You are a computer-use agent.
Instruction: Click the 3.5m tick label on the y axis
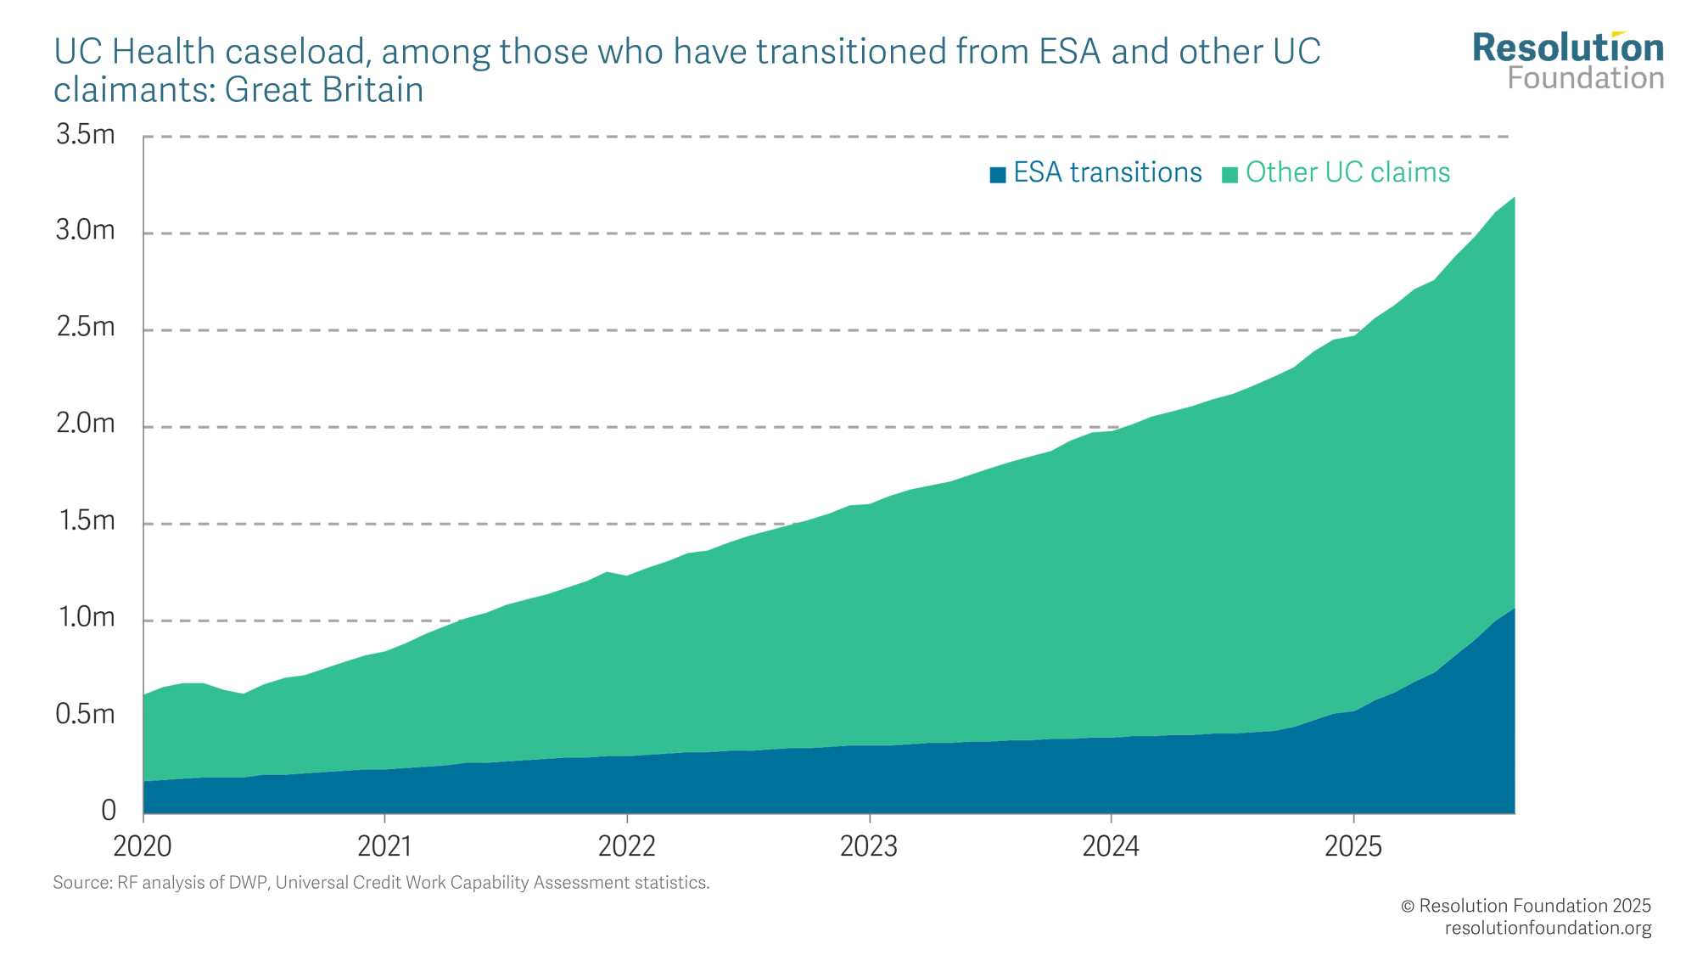coord(85,135)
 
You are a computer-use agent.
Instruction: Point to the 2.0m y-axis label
coord(85,424)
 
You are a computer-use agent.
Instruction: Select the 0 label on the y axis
coord(109,811)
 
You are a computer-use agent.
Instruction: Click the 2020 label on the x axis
coord(143,846)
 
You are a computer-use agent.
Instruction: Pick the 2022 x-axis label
coord(627,846)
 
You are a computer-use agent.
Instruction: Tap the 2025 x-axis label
coord(1353,846)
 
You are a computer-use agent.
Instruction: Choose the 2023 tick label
coord(869,846)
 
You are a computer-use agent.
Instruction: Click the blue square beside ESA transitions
coord(998,175)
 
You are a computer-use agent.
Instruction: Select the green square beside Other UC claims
coord(1229,175)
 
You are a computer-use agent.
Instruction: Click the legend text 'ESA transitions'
coord(1107,172)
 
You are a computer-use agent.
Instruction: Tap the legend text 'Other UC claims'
coord(1347,172)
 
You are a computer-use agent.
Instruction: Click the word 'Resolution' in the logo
coord(1568,48)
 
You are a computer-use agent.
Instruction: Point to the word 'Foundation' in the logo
coord(1585,78)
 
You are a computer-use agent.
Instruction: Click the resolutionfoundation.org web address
coord(1548,928)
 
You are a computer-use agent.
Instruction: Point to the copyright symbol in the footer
coord(1408,907)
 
